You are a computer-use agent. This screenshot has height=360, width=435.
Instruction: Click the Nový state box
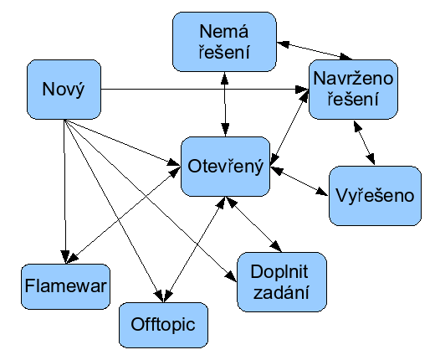pos(64,90)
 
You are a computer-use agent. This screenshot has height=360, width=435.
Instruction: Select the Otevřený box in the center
pos(226,167)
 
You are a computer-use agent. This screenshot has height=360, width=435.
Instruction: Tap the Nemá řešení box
pos(224,42)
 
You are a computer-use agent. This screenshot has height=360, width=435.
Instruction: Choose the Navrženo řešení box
pos(353,90)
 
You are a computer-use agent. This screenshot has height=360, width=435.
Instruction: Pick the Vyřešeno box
pos(375,196)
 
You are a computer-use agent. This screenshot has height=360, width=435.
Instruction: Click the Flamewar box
pos(66,286)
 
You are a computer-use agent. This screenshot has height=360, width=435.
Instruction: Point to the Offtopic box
pos(163,325)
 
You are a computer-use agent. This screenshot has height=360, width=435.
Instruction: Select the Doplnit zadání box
pos(282,282)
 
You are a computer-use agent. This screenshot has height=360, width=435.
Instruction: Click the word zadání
pos(281,292)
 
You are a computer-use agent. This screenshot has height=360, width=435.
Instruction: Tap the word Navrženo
pos(353,79)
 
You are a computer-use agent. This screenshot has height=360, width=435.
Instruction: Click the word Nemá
pos(224,31)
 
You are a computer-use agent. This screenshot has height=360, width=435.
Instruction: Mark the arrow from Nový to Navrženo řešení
pos(205,90)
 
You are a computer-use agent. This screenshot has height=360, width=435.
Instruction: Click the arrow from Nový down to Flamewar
pos(64,192)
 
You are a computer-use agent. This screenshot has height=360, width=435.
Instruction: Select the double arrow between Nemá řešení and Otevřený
pos(225,104)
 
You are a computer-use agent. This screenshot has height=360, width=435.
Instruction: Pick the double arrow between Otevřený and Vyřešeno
pos(299,181)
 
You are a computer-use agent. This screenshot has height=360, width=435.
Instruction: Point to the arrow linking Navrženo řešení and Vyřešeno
pos(364,142)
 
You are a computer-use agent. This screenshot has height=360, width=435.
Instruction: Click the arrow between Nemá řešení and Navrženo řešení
pos(315,50)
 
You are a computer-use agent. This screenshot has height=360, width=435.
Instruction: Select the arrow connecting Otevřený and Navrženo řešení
pos(289,127)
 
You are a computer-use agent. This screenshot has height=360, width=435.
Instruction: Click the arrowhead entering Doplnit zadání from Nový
pos(231,275)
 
